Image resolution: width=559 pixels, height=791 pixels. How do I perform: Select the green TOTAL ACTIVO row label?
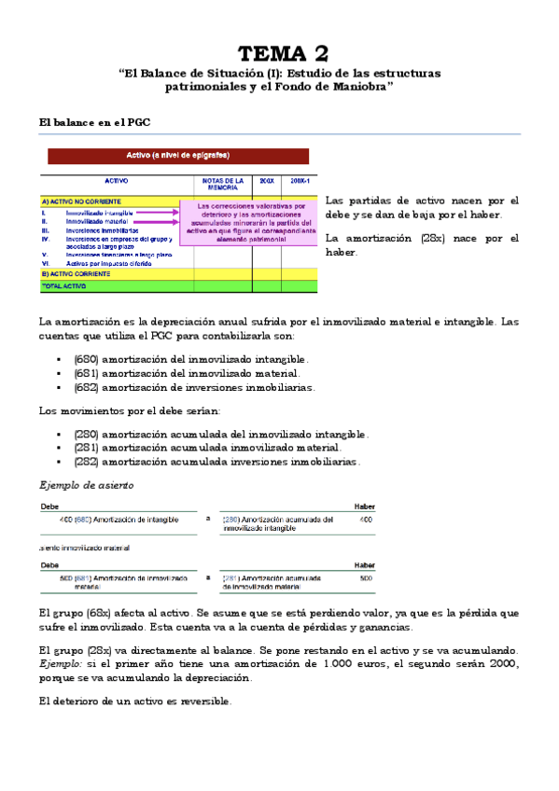[66, 286]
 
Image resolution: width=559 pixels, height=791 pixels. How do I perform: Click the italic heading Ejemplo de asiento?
[87, 485]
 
